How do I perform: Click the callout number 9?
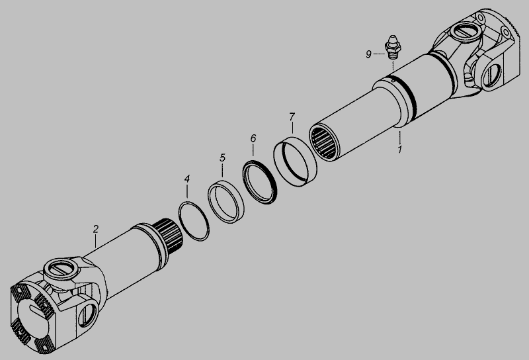[x=368, y=54]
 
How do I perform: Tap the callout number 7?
[x=292, y=117]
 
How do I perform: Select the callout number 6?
[x=253, y=138]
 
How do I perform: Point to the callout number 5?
[x=222, y=157]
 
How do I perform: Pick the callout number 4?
[x=187, y=179]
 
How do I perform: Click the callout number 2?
[x=96, y=229]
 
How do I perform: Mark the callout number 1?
[x=400, y=150]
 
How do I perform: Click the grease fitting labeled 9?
[x=392, y=47]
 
